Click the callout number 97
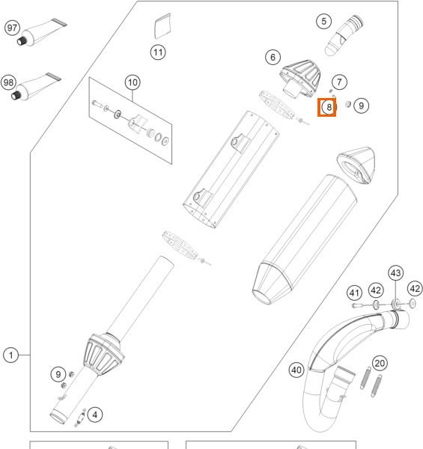coord(12,28)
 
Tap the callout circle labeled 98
coord(8,83)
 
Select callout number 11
coord(158,52)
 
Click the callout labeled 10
coord(133,83)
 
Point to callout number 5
coord(324,22)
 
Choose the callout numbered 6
coord(273,58)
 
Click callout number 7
coord(339,82)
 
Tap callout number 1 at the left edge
coord(11,355)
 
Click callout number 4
coord(95,415)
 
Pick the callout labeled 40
coord(296,370)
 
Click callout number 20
coord(380,364)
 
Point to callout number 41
coord(354,293)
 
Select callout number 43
coord(396,273)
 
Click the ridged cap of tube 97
coord(21,41)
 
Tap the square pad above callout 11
coord(162,26)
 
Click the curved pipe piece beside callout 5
coord(344,35)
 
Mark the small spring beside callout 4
coord(80,418)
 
